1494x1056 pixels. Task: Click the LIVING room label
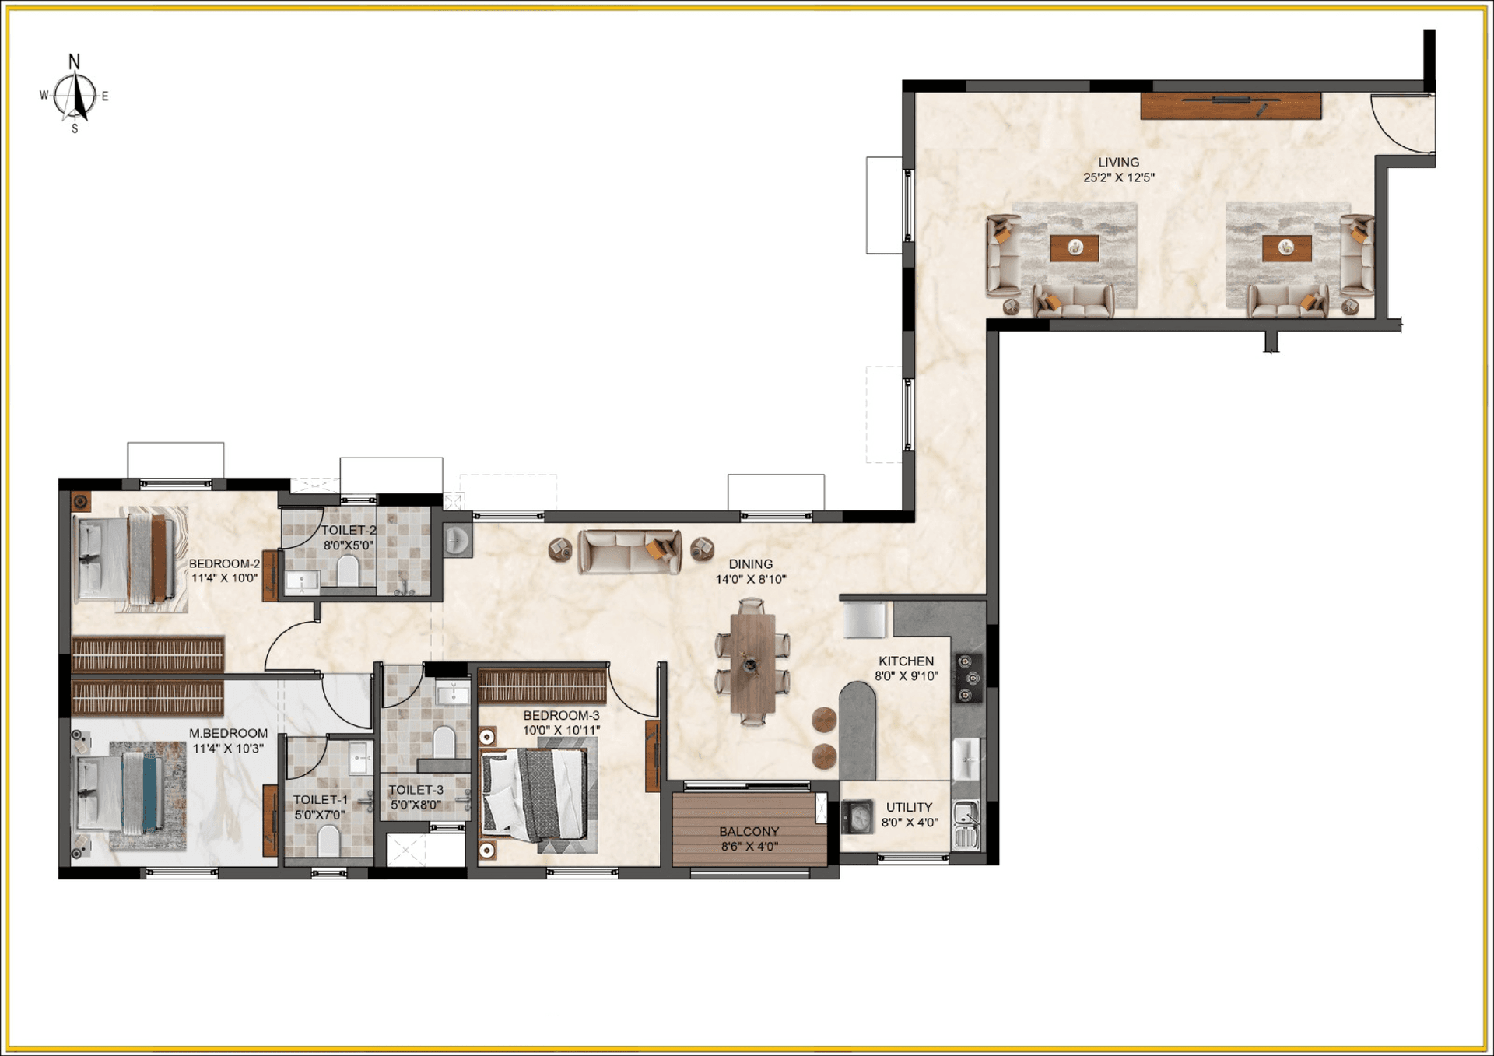(1118, 163)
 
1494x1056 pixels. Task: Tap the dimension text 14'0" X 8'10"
(751, 579)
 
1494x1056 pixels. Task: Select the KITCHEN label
(906, 661)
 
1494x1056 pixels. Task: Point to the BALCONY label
(749, 831)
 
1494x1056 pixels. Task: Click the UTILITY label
(909, 807)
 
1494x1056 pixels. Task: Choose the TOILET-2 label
(349, 530)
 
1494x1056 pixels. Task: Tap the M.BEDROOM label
(228, 733)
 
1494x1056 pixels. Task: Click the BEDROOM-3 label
(561, 715)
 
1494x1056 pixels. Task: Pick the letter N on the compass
(74, 61)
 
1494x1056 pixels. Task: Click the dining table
(752, 663)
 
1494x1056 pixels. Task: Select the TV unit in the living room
(1230, 106)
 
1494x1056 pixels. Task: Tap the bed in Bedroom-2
(128, 556)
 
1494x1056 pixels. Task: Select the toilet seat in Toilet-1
(329, 840)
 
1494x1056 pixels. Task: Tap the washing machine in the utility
(858, 818)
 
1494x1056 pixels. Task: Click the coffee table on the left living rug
(1075, 248)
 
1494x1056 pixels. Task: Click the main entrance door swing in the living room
(1401, 125)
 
